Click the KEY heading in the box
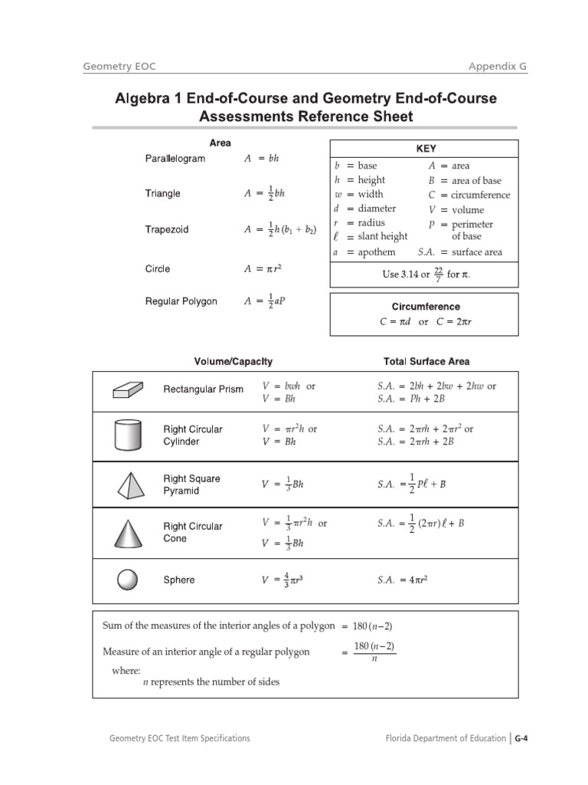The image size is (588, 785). point(426,149)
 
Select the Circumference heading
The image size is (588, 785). point(425,307)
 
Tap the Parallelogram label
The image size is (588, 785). point(175,159)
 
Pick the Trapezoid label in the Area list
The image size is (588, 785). point(167,229)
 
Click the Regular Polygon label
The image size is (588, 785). point(181,301)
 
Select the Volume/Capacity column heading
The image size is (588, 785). point(234,361)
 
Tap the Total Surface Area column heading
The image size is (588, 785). point(426,361)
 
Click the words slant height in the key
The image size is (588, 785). point(383,236)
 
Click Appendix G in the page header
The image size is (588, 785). point(498,67)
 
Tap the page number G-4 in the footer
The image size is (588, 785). point(521,738)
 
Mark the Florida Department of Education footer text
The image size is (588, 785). point(446,738)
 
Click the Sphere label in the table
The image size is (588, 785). point(179,580)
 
